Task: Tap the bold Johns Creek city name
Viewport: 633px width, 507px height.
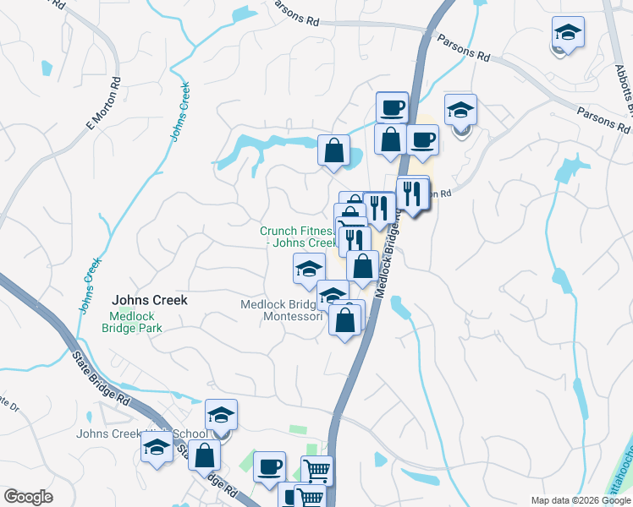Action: [x=150, y=300]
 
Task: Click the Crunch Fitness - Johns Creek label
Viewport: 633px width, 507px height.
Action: [x=298, y=237]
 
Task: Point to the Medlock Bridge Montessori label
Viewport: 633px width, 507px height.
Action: [x=282, y=310]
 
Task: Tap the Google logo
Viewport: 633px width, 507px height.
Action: [x=28, y=497]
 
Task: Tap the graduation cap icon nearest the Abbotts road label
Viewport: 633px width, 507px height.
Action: [x=568, y=34]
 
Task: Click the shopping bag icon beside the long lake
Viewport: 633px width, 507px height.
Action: [x=334, y=150]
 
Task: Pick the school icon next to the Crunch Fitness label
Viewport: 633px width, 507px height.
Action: [x=309, y=270]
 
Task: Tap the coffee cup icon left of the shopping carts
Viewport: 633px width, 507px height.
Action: [x=270, y=466]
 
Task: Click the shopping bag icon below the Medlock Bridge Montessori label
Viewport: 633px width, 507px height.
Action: [x=344, y=320]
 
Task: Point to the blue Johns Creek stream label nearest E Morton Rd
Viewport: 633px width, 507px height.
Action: [x=180, y=111]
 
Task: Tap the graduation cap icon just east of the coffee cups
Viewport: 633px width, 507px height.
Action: [x=460, y=111]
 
